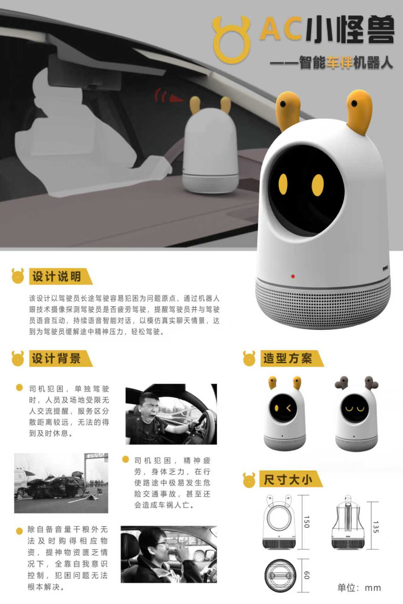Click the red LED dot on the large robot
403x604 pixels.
[x=293, y=276]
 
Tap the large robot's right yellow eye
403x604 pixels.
[x=318, y=185]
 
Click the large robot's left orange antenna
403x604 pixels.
[x=288, y=111]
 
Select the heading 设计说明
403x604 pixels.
[x=57, y=277]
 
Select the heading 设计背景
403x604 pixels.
[x=56, y=358]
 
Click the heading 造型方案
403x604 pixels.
[x=288, y=358]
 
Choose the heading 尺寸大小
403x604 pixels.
[x=288, y=480]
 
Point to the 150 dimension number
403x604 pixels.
[x=307, y=522]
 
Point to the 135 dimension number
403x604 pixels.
[x=375, y=527]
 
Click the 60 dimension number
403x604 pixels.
[x=307, y=575]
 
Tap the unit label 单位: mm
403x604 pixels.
[x=359, y=588]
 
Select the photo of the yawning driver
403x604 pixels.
[x=171, y=414]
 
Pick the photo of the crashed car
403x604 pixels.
[x=61, y=483]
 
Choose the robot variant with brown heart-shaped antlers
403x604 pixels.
[x=356, y=413]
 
